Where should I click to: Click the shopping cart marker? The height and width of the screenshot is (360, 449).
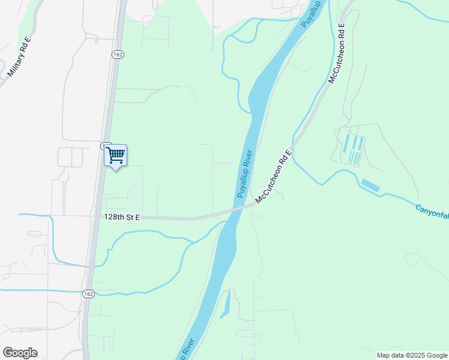click(115, 156)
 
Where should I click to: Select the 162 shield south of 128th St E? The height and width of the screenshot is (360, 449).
click(88, 293)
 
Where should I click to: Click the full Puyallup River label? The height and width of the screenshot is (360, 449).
click(245, 173)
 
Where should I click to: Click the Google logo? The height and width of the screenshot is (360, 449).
click(20, 353)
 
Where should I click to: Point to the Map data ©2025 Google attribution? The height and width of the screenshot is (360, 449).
click(412, 355)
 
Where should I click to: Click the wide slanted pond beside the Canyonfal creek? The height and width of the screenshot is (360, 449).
click(370, 185)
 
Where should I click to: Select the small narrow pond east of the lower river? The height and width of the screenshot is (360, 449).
click(226, 307)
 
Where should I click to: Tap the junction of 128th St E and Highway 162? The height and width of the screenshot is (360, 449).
click(96, 217)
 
